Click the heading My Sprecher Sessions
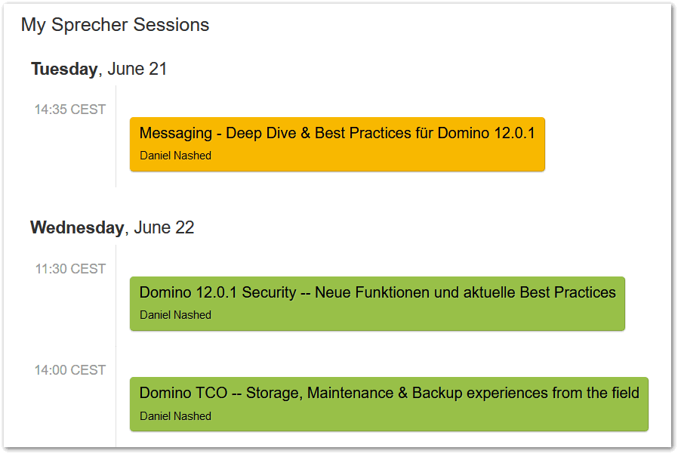(x=115, y=25)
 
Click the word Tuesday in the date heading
(x=64, y=69)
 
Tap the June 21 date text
(x=137, y=69)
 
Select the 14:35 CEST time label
(x=70, y=110)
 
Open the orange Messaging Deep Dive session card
(x=337, y=144)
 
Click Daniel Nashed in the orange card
(x=176, y=156)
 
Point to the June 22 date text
(x=165, y=227)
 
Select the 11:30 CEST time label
(x=70, y=269)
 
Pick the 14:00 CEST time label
(x=70, y=370)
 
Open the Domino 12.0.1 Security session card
(x=378, y=304)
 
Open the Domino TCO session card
(x=389, y=404)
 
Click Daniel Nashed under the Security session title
(x=176, y=315)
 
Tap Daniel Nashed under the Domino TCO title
(x=176, y=416)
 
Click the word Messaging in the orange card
(x=176, y=134)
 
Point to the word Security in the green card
(x=269, y=293)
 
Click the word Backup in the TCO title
(x=437, y=394)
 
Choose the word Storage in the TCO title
(x=275, y=394)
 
